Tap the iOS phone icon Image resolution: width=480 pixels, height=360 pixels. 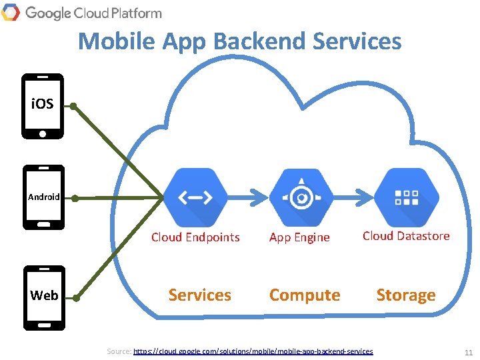pos(43,106)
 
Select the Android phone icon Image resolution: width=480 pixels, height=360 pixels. pos(44,197)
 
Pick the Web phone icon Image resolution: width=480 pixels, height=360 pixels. pos(44,297)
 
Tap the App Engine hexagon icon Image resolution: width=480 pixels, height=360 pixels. pos(302,197)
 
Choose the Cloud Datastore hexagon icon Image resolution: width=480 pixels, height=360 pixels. pos(407,197)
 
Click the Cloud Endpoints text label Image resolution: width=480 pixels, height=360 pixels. pos(195,237)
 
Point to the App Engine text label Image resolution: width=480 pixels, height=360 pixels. pos(299,237)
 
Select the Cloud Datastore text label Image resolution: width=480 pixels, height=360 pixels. pos(406,236)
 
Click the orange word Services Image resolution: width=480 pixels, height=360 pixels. pos(200,295)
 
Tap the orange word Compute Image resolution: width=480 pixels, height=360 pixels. pos(305,295)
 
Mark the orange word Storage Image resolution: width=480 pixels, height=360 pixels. pos(406,295)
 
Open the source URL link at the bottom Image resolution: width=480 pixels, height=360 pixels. pos(253,351)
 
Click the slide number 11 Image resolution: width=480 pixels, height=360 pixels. pos(468,352)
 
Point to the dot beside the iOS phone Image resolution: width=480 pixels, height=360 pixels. pos(74,106)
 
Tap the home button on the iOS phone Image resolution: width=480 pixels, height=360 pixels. pos(43,133)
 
